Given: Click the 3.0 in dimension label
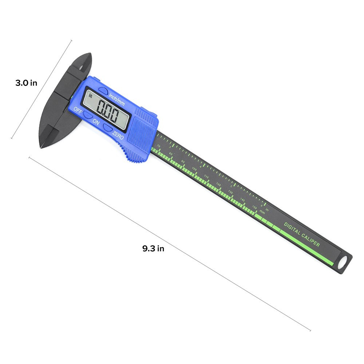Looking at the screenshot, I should pyautogui.click(x=26, y=83).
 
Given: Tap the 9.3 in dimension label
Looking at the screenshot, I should pyautogui.click(x=153, y=249).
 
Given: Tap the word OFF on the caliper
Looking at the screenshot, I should pyautogui.click(x=78, y=110).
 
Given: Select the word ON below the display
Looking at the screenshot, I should pyautogui.click(x=96, y=121).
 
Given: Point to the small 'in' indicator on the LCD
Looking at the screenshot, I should pyautogui.click(x=91, y=96).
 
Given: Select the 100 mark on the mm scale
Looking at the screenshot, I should pyautogui.click(x=194, y=169).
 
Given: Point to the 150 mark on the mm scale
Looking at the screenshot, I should pyautogui.click(x=254, y=207).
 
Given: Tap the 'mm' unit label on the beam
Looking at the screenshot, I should pyautogui.click(x=262, y=212).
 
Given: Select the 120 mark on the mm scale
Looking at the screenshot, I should pyautogui.click(x=218, y=185).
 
